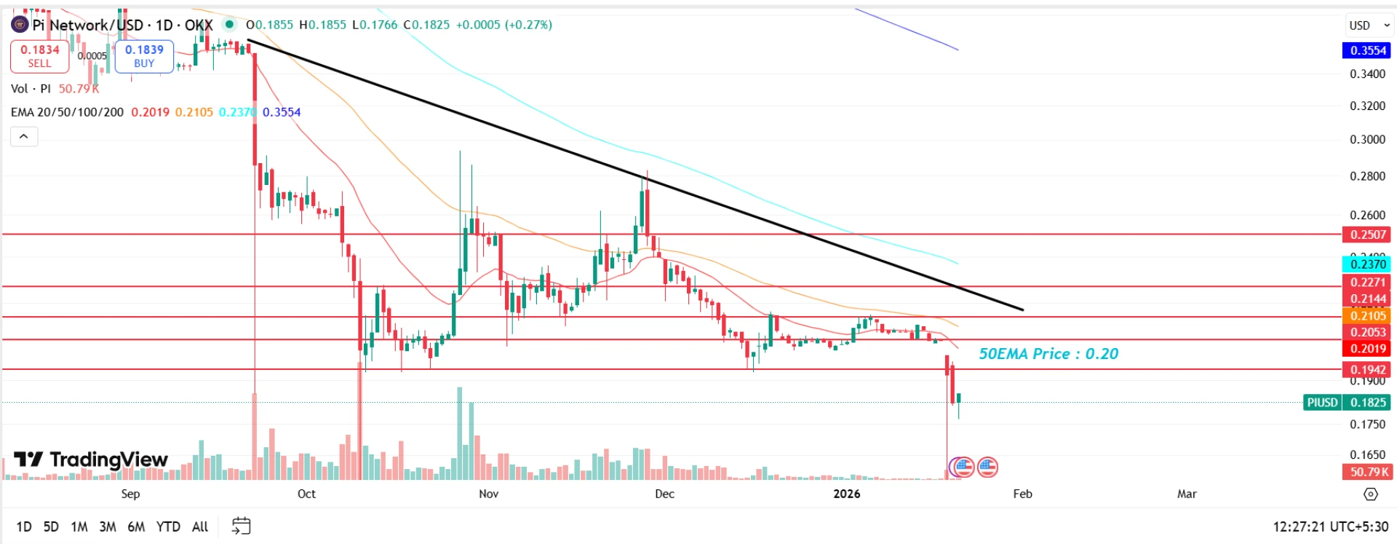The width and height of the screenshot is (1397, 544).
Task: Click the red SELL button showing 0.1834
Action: (39, 56)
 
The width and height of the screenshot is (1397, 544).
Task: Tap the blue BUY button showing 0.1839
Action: (144, 56)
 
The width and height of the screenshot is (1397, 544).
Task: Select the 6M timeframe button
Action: (136, 527)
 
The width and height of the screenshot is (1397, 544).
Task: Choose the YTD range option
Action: (168, 527)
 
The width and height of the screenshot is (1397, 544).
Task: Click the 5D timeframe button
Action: (51, 527)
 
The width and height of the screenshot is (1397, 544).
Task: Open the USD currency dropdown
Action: (1369, 25)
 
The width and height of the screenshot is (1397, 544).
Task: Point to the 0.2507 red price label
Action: (1366, 234)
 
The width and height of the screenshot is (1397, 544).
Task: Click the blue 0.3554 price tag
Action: (1366, 50)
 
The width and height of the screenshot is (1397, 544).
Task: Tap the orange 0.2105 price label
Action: (1366, 315)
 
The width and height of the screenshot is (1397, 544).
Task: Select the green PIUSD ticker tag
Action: (1322, 403)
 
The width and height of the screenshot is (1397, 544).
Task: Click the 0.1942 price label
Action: (1366, 369)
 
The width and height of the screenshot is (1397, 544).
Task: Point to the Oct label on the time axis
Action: (306, 494)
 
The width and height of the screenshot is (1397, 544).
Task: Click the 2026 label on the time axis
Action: (846, 494)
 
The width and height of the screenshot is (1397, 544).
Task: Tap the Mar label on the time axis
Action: (1187, 494)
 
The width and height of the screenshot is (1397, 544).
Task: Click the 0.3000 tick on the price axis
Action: (1367, 140)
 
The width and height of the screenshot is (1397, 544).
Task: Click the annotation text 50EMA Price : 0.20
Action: (1048, 354)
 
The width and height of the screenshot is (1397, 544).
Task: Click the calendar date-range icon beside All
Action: (241, 526)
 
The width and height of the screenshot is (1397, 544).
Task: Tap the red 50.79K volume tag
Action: (1366, 472)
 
